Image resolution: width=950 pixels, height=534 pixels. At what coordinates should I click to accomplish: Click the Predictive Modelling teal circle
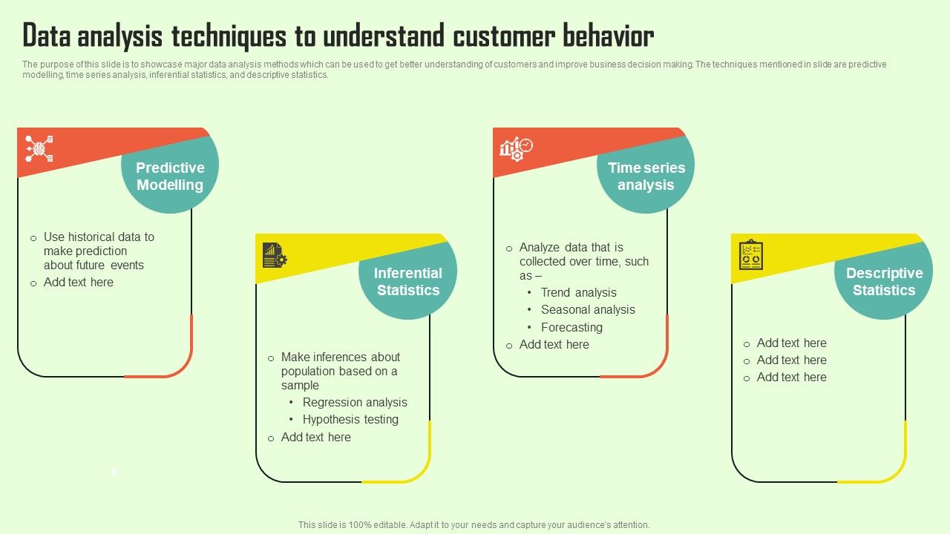coord(170,177)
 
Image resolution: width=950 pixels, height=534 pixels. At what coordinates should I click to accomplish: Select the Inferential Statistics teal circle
coord(408,282)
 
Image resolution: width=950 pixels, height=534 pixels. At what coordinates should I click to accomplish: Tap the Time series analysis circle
coord(646,177)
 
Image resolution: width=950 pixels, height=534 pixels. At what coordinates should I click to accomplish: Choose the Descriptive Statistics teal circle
coord(884,282)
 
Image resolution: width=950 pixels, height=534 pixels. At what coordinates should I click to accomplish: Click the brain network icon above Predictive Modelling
coord(39,148)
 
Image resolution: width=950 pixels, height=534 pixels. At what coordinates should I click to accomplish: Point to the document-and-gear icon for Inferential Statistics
coord(275,255)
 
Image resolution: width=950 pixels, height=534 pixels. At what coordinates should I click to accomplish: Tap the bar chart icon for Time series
coord(516,148)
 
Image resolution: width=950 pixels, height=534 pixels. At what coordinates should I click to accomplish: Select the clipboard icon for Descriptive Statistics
coord(751,255)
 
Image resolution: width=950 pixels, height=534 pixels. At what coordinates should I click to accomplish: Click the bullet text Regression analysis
coord(355,403)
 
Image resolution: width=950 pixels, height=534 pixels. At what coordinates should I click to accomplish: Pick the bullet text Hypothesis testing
coord(350,420)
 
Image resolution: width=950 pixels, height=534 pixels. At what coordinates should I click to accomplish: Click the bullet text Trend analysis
coord(578,293)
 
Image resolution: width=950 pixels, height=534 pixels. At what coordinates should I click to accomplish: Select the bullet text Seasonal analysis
coord(588,310)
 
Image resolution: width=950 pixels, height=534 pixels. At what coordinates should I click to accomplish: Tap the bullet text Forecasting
coord(571,328)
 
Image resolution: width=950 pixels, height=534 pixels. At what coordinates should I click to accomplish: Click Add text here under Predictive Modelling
coord(78,283)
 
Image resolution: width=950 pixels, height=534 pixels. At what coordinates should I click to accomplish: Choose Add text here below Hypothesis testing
coord(315,438)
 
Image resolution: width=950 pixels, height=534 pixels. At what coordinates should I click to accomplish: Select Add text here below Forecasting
coord(554,345)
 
